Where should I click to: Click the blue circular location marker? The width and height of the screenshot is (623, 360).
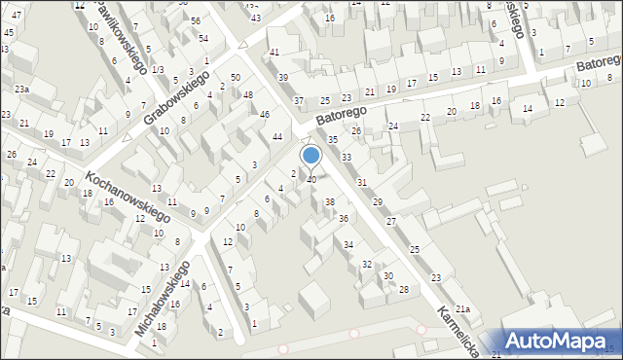click(x=311, y=155)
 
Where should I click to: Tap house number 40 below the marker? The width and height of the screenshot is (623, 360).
click(x=311, y=180)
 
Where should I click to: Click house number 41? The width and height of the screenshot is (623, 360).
click(x=275, y=52)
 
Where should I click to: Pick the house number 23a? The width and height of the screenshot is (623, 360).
click(x=21, y=90)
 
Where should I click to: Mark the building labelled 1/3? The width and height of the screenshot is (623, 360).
click(x=157, y=70)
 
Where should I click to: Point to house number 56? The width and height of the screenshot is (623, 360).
click(x=196, y=20)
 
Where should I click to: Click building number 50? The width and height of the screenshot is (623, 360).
click(x=236, y=77)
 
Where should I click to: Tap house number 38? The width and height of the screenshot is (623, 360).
click(x=329, y=202)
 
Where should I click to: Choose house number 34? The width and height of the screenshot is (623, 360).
click(x=348, y=244)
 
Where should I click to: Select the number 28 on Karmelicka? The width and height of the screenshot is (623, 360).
click(x=403, y=290)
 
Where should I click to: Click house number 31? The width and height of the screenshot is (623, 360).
click(x=362, y=183)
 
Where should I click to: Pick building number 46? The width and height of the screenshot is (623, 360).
click(x=265, y=115)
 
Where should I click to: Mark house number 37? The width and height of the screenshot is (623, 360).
click(x=299, y=101)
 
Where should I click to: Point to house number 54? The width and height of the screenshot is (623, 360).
click(x=203, y=38)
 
